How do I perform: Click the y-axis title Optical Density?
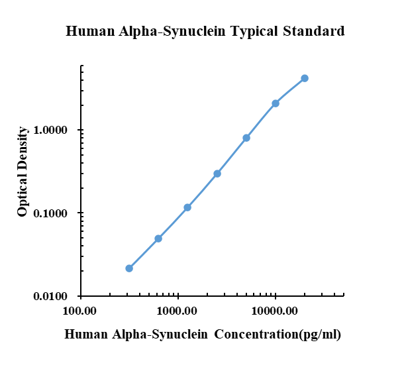[x=23, y=172]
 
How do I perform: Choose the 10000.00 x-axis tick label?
[x=275, y=310]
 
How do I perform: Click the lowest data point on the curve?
[x=129, y=268]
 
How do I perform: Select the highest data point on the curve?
[x=305, y=78]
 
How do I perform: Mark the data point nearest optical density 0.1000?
[x=187, y=207]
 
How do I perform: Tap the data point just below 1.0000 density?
[x=246, y=138]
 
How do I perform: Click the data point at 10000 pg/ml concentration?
[x=276, y=103]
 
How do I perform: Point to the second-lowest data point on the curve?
[x=158, y=238]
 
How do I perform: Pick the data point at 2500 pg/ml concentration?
[x=217, y=174]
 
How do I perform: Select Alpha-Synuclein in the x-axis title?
[x=150, y=335]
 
